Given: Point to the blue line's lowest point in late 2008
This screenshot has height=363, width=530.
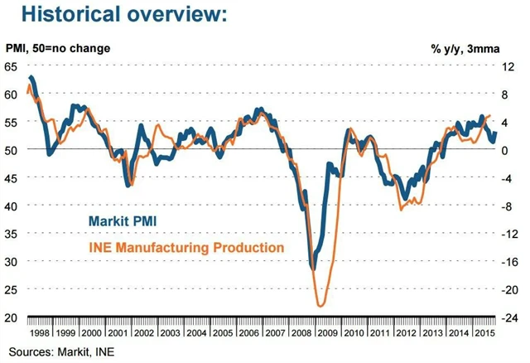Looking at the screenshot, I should click(313, 269).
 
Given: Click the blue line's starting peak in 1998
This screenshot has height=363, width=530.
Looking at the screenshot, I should click(31, 77).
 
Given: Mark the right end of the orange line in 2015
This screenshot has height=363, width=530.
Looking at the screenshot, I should click(491, 116).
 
